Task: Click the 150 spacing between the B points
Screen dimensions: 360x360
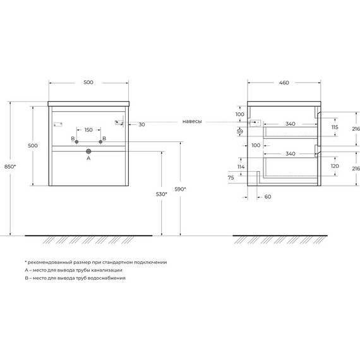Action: click(x=88, y=130)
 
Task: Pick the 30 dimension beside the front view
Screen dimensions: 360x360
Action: click(x=141, y=124)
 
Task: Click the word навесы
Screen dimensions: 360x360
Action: click(x=192, y=121)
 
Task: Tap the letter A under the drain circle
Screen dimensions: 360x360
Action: click(x=88, y=159)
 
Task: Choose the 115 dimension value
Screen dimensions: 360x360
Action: click(x=335, y=128)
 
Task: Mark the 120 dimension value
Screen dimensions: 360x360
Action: click(x=335, y=167)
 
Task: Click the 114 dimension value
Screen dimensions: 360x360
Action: click(x=241, y=167)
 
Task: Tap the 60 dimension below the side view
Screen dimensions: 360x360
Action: click(x=267, y=197)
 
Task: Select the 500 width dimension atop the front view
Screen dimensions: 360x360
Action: click(x=88, y=82)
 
